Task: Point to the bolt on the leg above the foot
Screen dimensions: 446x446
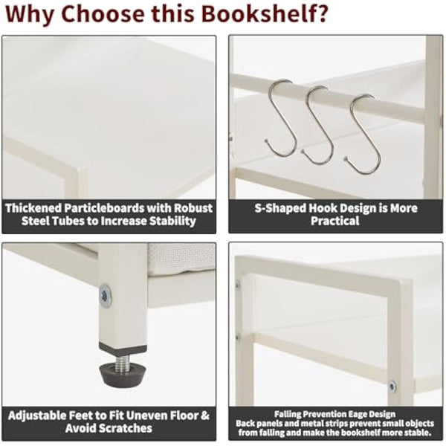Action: pos(105,295)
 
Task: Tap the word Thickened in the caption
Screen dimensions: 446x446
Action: pos(38,207)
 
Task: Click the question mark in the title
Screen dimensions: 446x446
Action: pos(322,13)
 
